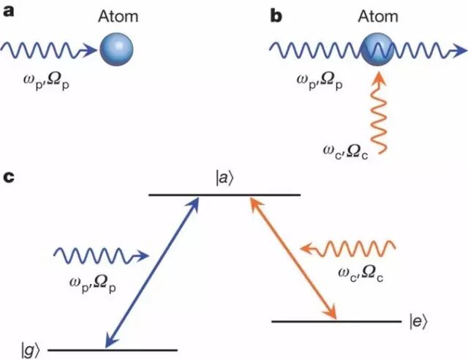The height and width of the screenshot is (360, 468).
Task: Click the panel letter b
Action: [276, 15]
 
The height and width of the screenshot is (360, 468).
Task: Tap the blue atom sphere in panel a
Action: [117, 50]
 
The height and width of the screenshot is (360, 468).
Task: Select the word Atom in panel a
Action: [118, 15]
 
